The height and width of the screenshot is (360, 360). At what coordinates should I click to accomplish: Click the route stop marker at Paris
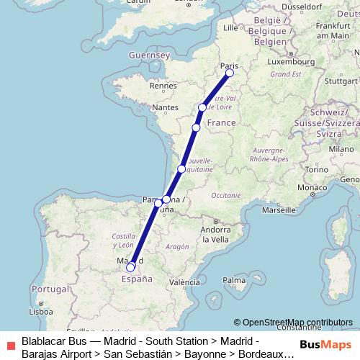pos(230,73)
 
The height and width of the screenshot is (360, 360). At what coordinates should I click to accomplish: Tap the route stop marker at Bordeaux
pos(181,169)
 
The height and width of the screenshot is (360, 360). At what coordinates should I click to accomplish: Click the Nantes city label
pos(165,108)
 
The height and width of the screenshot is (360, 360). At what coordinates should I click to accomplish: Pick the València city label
pos(185,282)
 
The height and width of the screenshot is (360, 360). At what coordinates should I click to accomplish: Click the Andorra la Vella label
pos(215,234)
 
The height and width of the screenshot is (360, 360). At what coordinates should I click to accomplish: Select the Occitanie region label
pos(225,195)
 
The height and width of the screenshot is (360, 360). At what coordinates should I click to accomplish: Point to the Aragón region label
pos(176,246)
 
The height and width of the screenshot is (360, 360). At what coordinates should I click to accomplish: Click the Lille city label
pos(230,28)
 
